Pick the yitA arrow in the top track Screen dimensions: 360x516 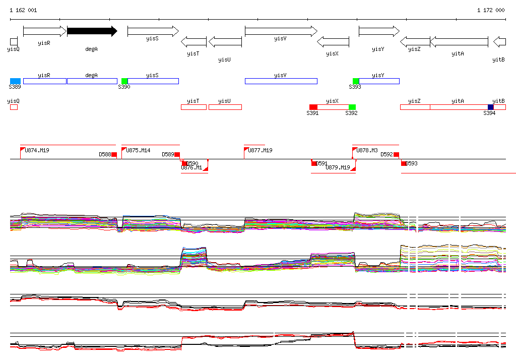click(x=459, y=41)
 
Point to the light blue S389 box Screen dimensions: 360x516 click(x=15, y=81)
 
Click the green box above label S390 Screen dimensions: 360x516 click(x=124, y=81)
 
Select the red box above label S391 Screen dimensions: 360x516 click(x=313, y=107)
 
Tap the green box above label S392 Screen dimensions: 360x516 click(x=352, y=107)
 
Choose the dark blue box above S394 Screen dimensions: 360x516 click(x=491, y=107)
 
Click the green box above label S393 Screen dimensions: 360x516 click(x=356, y=81)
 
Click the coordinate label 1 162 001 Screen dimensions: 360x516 click(x=23, y=10)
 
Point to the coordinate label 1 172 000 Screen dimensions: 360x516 click(x=491, y=10)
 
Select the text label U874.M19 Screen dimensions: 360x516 click(x=37, y=150)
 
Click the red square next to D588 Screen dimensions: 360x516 click(x=114, y=154)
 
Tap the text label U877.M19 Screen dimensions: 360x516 click(x=260, y=150)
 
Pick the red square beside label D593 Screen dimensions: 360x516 click(x=404, y=163)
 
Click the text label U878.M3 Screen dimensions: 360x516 click(x=367, y=150)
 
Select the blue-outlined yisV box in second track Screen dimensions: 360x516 click(x=281, y=81)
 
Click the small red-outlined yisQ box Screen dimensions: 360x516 click(x=14, y=107)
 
